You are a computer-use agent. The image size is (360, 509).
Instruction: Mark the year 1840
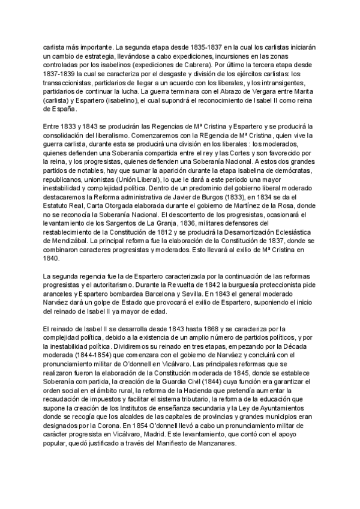click(x=53, y=271)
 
